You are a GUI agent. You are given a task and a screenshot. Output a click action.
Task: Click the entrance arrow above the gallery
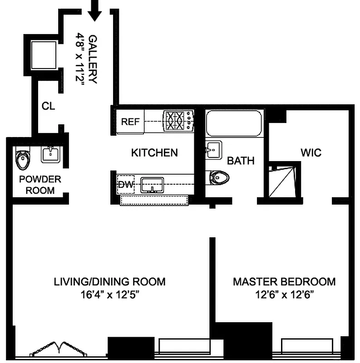[95, 10]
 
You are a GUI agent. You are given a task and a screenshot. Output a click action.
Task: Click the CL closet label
[48, 106]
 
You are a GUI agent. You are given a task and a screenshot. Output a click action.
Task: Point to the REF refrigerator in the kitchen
[130, 122]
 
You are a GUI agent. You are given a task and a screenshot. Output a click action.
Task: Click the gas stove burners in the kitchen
[178, 121]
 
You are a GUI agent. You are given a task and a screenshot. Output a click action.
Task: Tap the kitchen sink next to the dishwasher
[152, 185]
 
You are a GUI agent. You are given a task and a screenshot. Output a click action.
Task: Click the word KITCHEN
[154, 153]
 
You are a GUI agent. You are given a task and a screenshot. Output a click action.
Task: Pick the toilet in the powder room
[23, 159]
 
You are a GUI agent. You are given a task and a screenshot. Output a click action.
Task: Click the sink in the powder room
[50, 154]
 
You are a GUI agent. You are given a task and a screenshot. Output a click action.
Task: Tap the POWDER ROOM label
[40, 185]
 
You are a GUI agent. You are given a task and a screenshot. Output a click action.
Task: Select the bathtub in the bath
[234, 123]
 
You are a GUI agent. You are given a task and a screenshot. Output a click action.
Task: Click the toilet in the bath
[221, 177]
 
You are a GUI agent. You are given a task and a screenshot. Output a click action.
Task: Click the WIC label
[311, 152]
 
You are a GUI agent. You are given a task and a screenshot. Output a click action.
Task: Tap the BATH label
[241, 161]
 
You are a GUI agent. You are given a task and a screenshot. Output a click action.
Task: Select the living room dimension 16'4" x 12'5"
[109, 295]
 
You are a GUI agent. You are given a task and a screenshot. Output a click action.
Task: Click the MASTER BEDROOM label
[284, 282]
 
